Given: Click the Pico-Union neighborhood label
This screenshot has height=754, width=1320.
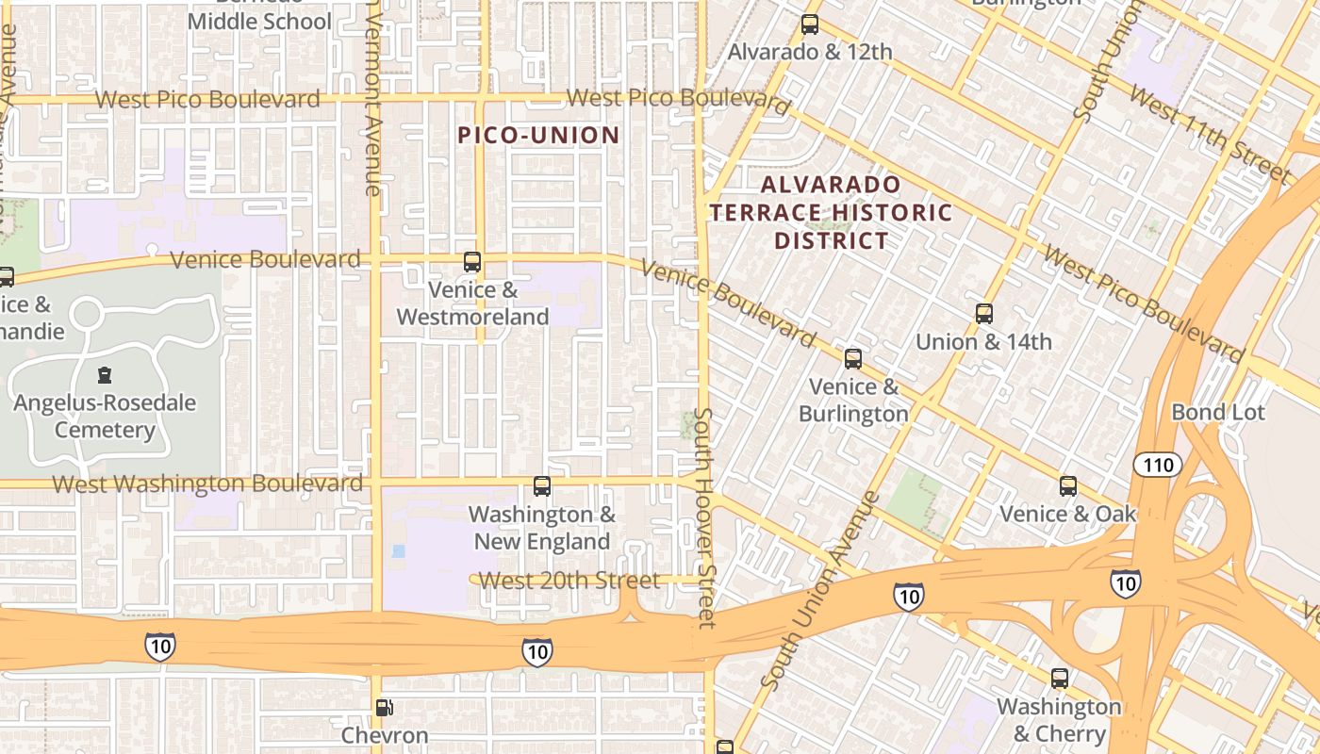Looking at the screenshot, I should [538, 135].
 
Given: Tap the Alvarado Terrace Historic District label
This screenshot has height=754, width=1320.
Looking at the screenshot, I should [831, 212].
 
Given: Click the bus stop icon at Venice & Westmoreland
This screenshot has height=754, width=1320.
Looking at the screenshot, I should [472, 262].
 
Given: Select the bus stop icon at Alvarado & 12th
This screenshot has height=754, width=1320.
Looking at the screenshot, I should [809, 25].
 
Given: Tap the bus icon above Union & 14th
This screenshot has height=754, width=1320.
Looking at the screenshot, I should [983, 314].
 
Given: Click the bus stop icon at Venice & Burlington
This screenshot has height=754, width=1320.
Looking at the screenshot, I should [853, 359].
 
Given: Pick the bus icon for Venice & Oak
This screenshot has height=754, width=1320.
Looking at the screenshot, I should [1067, 486].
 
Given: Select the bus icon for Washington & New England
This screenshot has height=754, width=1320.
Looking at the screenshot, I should [541, 486].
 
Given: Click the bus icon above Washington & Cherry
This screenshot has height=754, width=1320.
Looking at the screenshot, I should [1059, 679].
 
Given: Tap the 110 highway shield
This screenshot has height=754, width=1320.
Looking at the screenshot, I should [1157, 465].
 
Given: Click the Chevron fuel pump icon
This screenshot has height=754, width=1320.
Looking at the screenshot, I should [384, 708].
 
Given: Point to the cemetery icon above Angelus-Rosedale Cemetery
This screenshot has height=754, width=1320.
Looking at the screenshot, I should [104, 375].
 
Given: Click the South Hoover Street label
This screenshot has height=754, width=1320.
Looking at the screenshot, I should [704, 517].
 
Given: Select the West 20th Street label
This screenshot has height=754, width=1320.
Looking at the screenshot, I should [569, 580].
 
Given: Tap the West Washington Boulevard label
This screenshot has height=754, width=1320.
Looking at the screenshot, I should [207, 484].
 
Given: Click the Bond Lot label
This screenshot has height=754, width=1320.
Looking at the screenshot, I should [1217, 412].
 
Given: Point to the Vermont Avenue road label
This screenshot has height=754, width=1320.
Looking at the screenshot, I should [372, 99].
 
